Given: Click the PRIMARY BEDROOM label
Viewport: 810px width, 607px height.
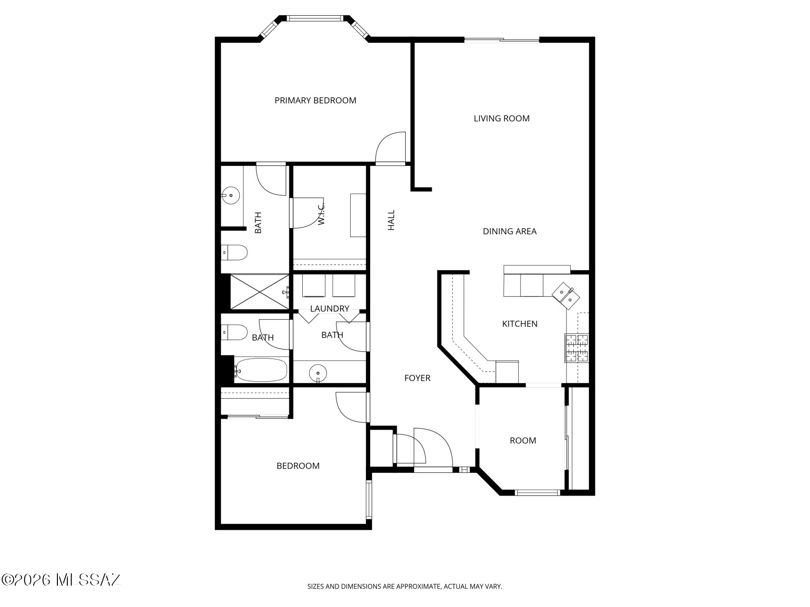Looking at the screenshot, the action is point(315,101).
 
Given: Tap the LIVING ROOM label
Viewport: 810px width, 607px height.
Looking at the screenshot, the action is point(502,119).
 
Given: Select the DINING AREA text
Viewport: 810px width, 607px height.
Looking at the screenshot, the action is point(510,231).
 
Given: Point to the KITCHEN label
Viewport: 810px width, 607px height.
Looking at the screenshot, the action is point(520,324).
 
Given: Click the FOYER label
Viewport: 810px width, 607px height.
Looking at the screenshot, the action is point(417,378).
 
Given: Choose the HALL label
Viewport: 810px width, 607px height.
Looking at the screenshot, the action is point(391,221).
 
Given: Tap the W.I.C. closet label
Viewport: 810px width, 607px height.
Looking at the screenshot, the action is point(321,213).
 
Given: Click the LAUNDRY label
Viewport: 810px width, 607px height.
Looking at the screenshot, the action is point(330,309).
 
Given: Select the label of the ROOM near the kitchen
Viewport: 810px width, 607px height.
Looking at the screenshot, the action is point(523,441).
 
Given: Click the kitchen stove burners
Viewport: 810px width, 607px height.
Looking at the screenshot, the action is point(576,348).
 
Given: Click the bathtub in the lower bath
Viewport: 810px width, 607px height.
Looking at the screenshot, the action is point(261,370).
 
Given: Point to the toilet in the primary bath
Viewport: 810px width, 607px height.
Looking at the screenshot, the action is point(234,252).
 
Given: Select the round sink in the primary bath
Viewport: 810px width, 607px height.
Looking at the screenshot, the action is point(231,195).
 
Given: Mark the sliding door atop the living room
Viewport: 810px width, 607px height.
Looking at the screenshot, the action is point(502,40).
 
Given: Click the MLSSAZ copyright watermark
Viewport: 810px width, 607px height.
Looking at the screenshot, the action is point(61,579).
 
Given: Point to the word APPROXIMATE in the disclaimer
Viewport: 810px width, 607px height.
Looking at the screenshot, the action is point(418,587).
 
